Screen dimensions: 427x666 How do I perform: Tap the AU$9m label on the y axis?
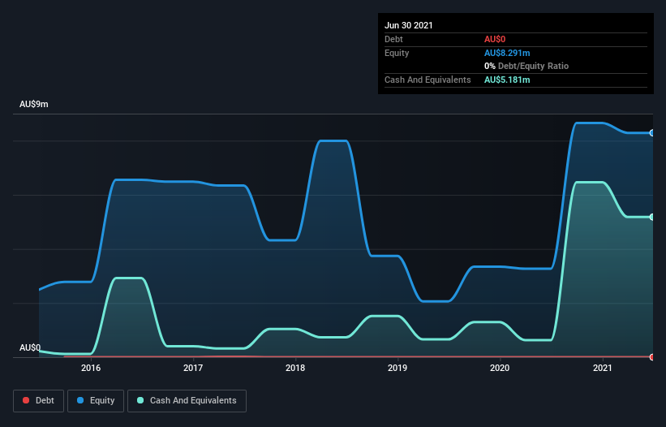click(x=34, y=105)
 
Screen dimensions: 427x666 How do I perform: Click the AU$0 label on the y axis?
click(x=30, y=347)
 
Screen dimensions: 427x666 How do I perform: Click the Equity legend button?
click(x=96, y=400)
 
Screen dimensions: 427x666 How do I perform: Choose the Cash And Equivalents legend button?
click(x=187, y=400)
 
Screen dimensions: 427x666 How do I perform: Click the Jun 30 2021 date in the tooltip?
click(x=409, y=25)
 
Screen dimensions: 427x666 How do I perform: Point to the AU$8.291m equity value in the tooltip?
click(x=508, y=53)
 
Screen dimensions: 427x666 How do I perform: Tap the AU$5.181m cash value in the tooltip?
click(x=507, y=80)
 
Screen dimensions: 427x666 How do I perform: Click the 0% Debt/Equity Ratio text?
click(x=526, y=66)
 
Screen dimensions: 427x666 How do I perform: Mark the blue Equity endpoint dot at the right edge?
click(x=652, y=132)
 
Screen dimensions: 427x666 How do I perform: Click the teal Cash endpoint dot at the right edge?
click(x=652, y=217)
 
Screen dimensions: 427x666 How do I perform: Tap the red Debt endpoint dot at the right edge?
click(x=652, y=356)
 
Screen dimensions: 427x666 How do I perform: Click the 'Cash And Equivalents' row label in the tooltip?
click(x=428, y=80)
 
